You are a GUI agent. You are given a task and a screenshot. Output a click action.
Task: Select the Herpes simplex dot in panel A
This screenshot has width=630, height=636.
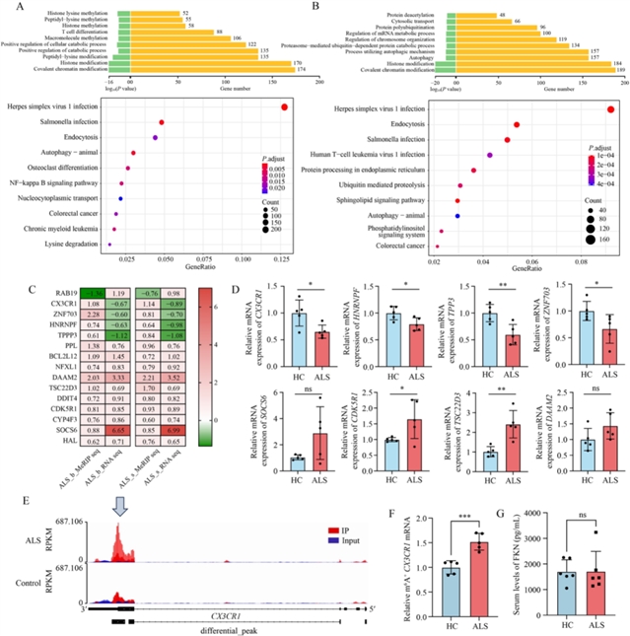pos(284,108)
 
